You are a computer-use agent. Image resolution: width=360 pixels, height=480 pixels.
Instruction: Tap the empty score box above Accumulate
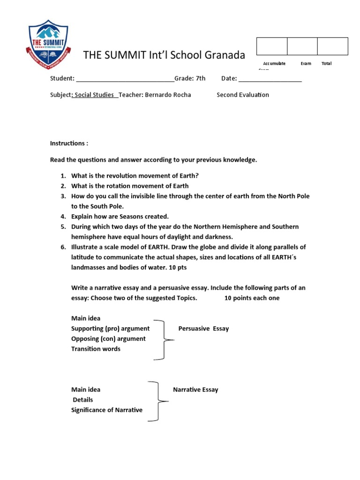[x=271, y=46]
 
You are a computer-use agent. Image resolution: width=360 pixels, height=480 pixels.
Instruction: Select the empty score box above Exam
[x=302, y=46]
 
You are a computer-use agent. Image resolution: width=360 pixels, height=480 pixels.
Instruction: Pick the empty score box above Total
[x=332, y=46]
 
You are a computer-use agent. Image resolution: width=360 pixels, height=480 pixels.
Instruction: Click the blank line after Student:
[x=125, y=79]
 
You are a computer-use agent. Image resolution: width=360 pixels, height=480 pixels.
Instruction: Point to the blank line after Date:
[x=270, y=79]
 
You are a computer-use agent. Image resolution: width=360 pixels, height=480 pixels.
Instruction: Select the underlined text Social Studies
[x=94, y=95]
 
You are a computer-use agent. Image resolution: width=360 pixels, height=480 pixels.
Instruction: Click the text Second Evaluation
[x=243, y=95]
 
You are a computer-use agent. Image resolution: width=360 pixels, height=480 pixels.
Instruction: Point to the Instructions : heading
[x=69, y=143]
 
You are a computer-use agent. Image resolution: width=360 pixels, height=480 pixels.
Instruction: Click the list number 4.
[x=63, y=217]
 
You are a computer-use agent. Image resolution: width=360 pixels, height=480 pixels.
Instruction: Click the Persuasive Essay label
[x=203, y=329]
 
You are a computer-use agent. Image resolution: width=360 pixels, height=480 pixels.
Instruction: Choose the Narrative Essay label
[x=195, y=390]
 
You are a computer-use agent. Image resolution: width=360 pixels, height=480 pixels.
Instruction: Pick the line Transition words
[x=96, y=349]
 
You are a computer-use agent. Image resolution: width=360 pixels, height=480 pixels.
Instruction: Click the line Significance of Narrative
[x=107, y=410]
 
